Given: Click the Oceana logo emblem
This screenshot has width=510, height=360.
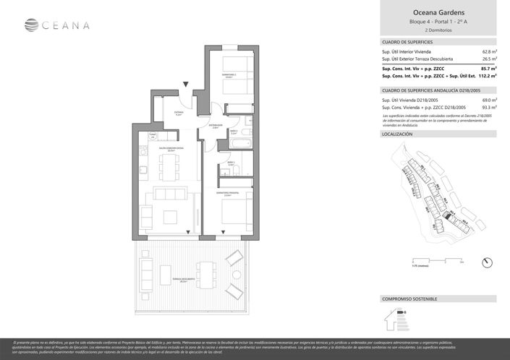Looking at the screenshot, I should (31, 25).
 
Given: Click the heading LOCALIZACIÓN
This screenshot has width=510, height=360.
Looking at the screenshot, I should (397, 134).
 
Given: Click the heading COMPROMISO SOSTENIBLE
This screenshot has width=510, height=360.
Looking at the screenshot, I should (409, 299).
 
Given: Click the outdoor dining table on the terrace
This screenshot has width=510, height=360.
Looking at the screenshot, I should (205, 274).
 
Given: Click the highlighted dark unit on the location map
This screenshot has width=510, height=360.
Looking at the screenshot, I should (447, 215).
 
